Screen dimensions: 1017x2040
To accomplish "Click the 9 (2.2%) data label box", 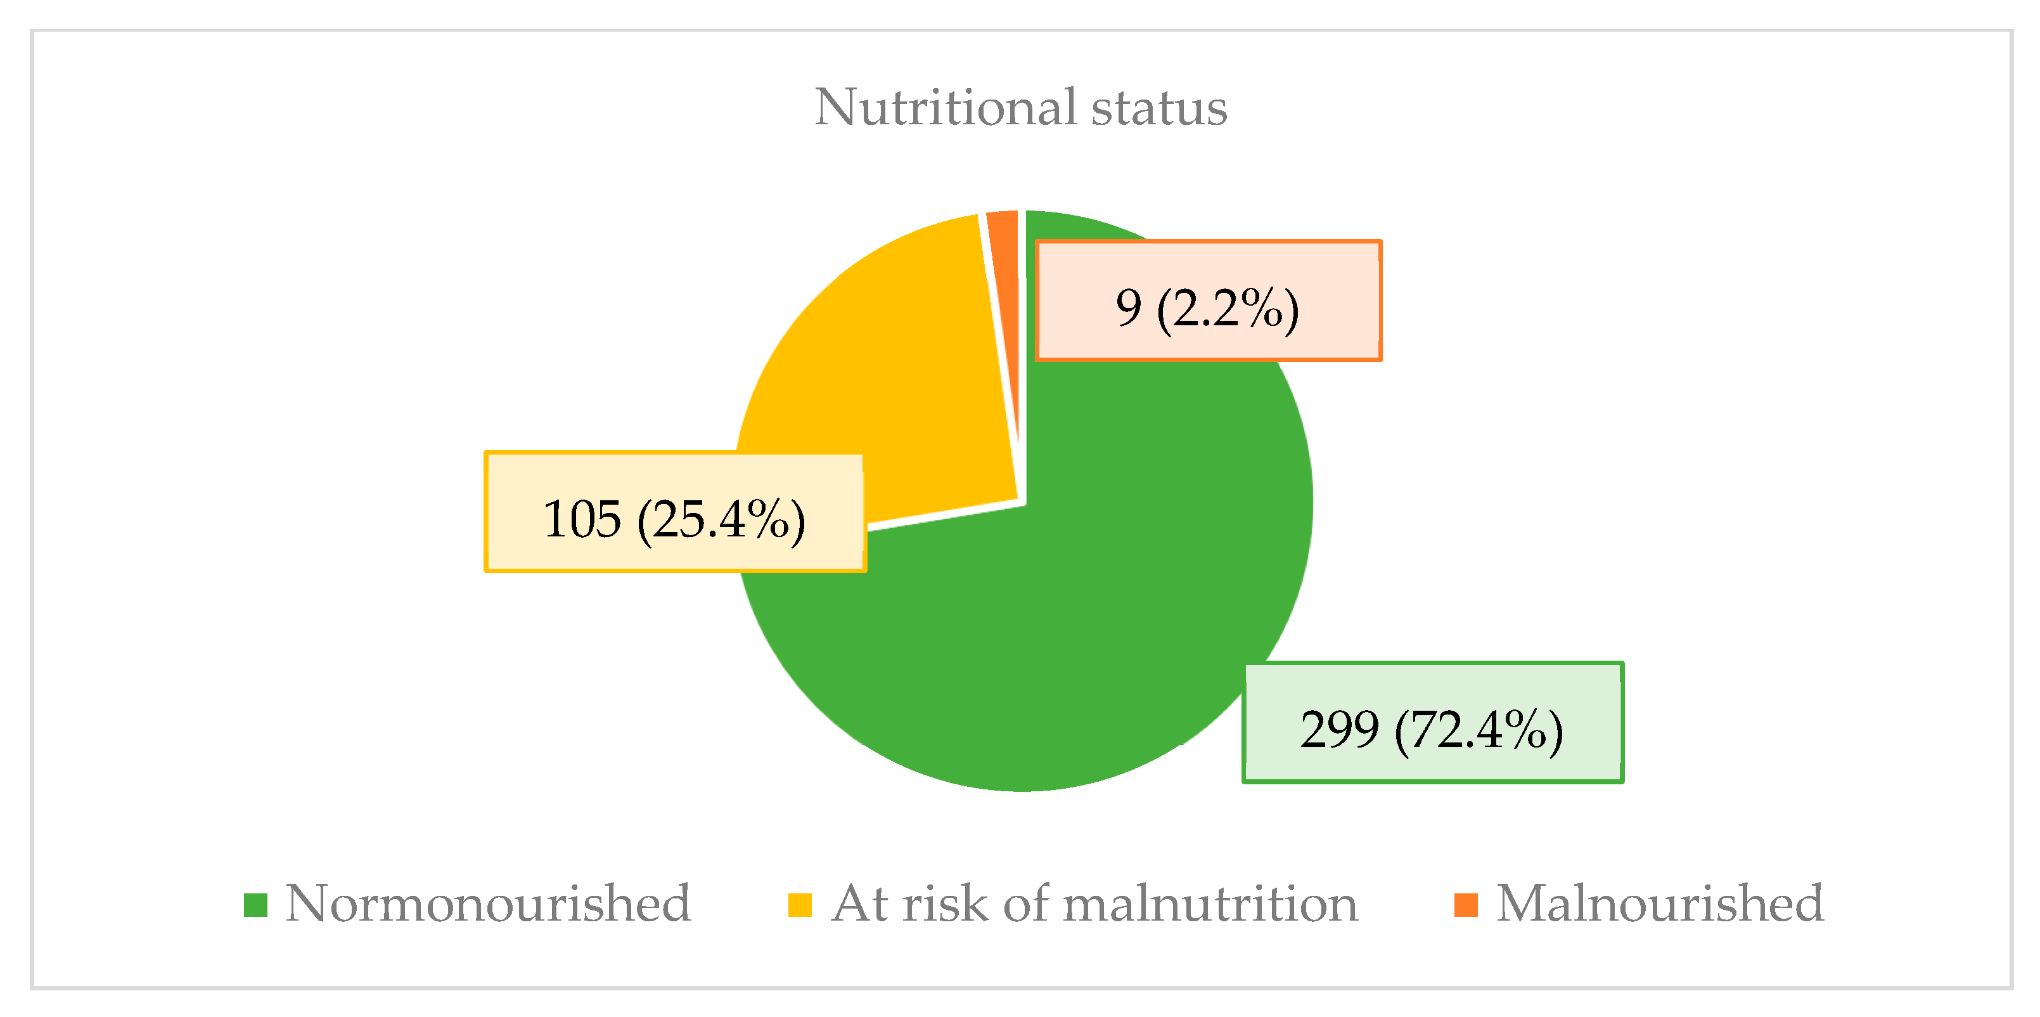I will pyautogui.click(x=1208, y=301).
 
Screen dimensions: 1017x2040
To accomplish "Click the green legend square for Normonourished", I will pyautogui.click(x=255, y=905).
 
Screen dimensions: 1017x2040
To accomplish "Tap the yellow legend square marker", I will pyautogui.click(x=800, y=905).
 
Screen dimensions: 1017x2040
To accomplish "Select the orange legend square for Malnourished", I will pyautogui.click(x=1466, y=905).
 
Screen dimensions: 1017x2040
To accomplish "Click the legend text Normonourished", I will pyautogui.click(x=488, y=903).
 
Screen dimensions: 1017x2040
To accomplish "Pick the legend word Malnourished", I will pyautogui.click(x=1660, y=903).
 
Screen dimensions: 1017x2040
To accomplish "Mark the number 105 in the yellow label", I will pyautogui.click(x=582, y=519).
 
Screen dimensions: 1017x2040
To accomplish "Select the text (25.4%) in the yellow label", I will pyautogui.click(x=721, y=519).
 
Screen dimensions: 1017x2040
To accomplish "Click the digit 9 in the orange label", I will pyautogui.click(x=1129, y=308).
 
